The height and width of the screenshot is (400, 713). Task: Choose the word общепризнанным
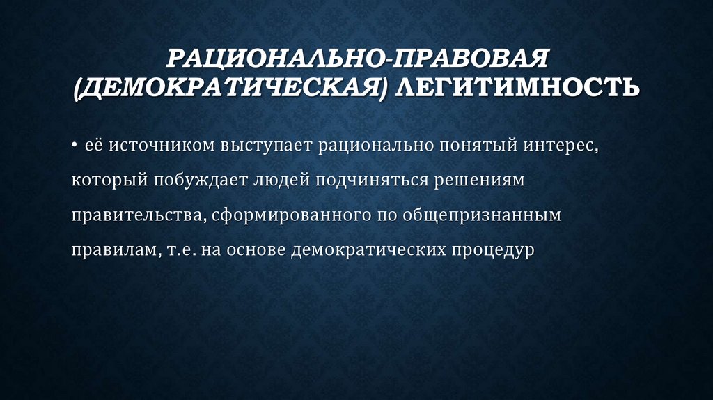tap(481, 215)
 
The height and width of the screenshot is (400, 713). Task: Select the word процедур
tap(492, 249)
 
